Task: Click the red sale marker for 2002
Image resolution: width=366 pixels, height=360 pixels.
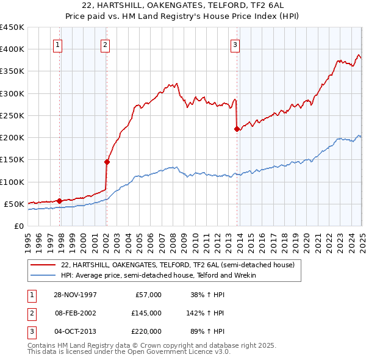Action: pos(107,162)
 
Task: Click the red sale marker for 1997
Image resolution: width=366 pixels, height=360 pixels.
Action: pos(59,200)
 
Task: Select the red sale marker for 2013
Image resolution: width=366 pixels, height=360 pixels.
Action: pos(237,128)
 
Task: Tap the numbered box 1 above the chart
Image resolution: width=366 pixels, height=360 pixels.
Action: pos(57,44)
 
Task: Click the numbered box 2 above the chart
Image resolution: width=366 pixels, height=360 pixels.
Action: pos(105,44)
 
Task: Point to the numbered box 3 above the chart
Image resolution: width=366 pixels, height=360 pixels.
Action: pos(235,44)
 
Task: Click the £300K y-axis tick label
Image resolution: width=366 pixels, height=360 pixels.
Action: pos(12,93)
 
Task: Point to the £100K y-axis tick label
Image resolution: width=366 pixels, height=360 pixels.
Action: pos(12,182)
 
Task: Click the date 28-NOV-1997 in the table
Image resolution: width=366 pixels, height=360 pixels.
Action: pos(75,295)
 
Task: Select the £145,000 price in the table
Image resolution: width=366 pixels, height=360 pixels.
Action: pos(146,313)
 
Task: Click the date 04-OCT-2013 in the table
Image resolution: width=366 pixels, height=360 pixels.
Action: pos(75,331)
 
